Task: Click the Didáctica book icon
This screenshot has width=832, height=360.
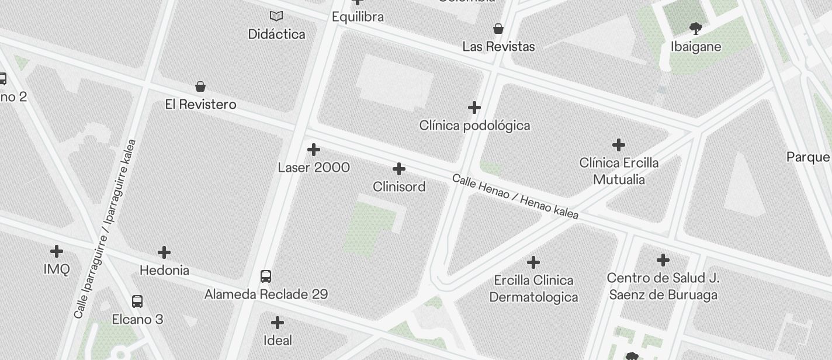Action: point(276,16)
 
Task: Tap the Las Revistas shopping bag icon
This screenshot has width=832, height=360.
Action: point(498,28)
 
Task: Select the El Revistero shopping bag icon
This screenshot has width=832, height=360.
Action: point(200,86)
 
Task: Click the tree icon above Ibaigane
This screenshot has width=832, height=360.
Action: point(695,28)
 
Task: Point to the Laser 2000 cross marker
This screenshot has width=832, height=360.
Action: point(314,150)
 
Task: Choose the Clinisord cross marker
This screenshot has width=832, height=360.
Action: point(399,169)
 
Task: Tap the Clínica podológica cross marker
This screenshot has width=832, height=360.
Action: point(474,108)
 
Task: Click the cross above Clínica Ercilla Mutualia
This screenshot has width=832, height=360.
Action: point(619,144)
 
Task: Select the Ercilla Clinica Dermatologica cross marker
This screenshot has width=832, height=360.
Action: point(533,262)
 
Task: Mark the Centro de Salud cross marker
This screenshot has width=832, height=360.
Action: point(663,259)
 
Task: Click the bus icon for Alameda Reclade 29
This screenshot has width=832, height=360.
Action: point(266,276)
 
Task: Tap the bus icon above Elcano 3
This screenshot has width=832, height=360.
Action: point(137,302)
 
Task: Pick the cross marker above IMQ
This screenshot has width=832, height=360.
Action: point(57,251)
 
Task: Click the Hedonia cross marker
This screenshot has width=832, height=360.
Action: point(164,252)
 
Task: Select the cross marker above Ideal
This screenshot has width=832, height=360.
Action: point(278,322)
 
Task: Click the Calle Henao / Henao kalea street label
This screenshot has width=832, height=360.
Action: point(515,196)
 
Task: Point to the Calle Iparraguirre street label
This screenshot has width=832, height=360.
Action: point(105,229)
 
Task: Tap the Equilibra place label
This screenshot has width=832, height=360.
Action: point(358,17)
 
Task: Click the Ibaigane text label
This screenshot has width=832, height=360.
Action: point(695,47)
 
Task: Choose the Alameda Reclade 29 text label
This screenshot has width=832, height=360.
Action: point(266,294)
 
